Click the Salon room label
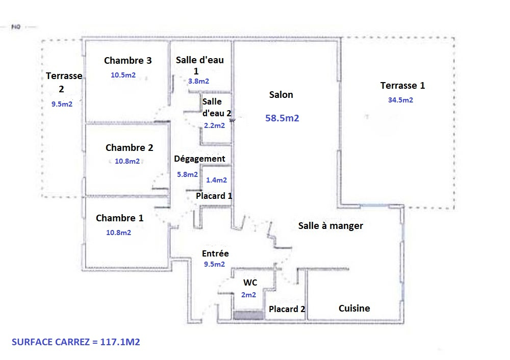coord(281,95)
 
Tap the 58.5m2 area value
coord(282,118)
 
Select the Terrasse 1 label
coord(403,86)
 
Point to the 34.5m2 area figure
coord(400,100)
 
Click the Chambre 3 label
coord(128,61)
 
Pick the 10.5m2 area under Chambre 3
coord(123,75)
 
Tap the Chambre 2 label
coord(129,148)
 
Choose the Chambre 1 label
coord(119,218)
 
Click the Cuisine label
coord(354,308)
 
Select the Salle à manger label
coord(330,226)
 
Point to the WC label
coord(250,282)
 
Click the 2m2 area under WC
coord(248,295)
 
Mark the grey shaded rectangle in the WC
coord(248,315)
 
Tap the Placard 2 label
coord(287,309)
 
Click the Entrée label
coord(215,253)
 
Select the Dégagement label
coord(199,159)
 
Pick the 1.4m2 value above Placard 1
coord(216,180)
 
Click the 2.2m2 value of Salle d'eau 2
coord(214,125)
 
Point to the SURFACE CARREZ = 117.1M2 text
coord(76,342)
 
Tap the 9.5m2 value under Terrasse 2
coord(62,105)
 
